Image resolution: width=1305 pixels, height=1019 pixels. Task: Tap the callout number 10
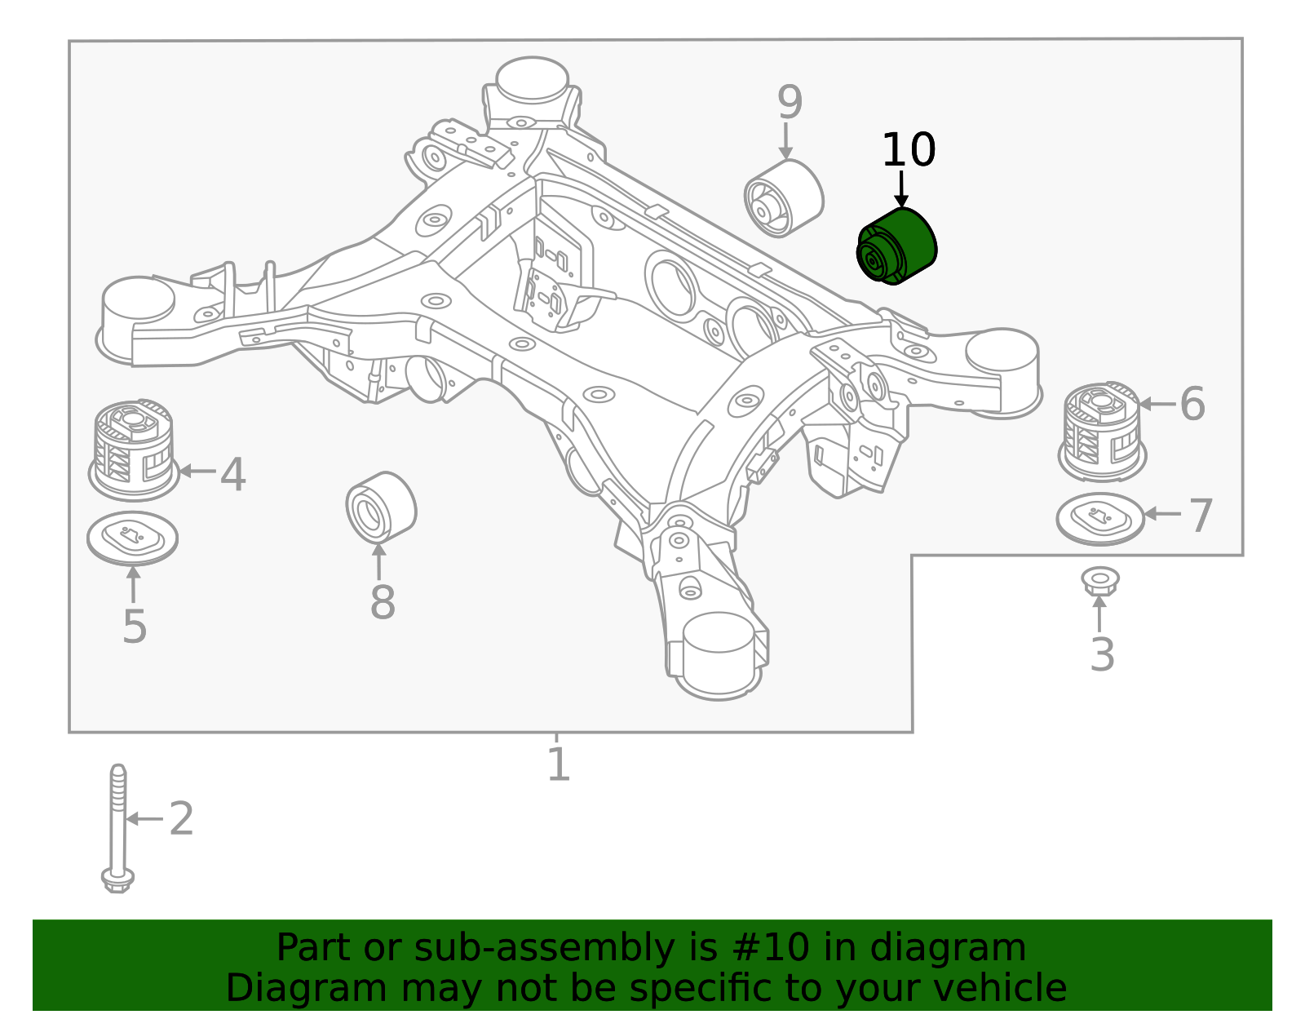pos(908,150)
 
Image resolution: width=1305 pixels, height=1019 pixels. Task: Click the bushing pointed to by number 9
pos(783,199)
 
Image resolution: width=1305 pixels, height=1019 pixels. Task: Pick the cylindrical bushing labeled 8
pos(381,507)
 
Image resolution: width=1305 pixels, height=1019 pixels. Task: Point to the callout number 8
pos(382,603)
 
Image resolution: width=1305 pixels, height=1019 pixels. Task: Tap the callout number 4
pos(232,474)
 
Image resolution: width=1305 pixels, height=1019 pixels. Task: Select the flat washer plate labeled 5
pos(132,538)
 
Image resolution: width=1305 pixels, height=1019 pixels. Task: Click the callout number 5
pos(135,627)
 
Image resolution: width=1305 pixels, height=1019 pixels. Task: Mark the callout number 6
pos(1192,404)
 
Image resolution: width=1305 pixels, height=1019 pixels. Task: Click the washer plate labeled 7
pos(1100,519)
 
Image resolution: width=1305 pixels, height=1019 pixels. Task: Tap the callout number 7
pos(1201,516)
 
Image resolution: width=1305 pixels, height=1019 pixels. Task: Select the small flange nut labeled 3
pos(1099,581)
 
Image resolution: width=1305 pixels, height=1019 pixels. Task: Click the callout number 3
pos(1102,654)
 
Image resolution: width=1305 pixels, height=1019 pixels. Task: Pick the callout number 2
pos(181,818)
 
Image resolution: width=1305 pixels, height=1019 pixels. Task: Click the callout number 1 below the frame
pos(558,764)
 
